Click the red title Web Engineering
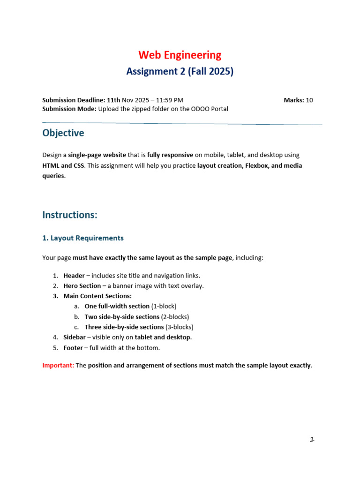pyautogui.click(x=180, y=55)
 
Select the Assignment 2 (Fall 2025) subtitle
pyautogui.click(x=180, y=72)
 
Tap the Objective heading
pyautogui.click(x=63, y=133)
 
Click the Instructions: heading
pyautogui.click(x=70, y=215)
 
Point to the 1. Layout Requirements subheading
pyautogui.click(x=83, y=238)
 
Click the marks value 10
pyautogui.click(x=309, y=100)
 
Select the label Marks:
pyautogui.click(x=294, y=100)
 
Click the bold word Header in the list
pyautogui.click(x=74, y=276)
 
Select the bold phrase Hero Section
pyautogui.click(x=82, y=286)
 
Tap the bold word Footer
pyautogui.click(x=73, y=347)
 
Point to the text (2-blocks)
pyautogui.click(x=175, y=317)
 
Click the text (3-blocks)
pyautogui.click(x=180, y=327)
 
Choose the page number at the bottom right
pyautogui.click(x=311, y=439)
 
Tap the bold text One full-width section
pyautogui.click(x=117, y=307)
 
